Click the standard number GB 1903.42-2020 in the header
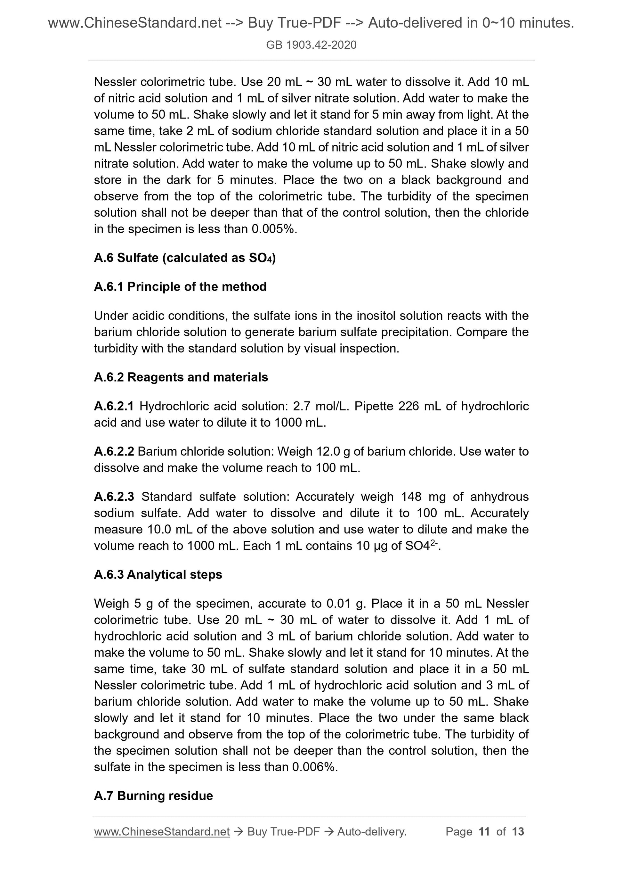click(311, 45)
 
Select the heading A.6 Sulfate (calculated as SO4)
click(185, 258)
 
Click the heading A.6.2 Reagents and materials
click(181, 377)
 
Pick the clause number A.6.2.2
click(114, 451)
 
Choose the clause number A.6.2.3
click(114, 497)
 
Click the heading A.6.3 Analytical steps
click(158, 574)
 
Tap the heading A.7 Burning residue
click(153, 795)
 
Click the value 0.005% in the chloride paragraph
click(273, 229)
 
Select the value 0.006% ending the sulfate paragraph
click(314, 767)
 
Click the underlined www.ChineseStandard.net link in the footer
click(162, 832)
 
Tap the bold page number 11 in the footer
click(484, 832)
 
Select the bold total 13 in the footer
click(518, 832)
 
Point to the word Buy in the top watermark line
click(260, 23)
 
